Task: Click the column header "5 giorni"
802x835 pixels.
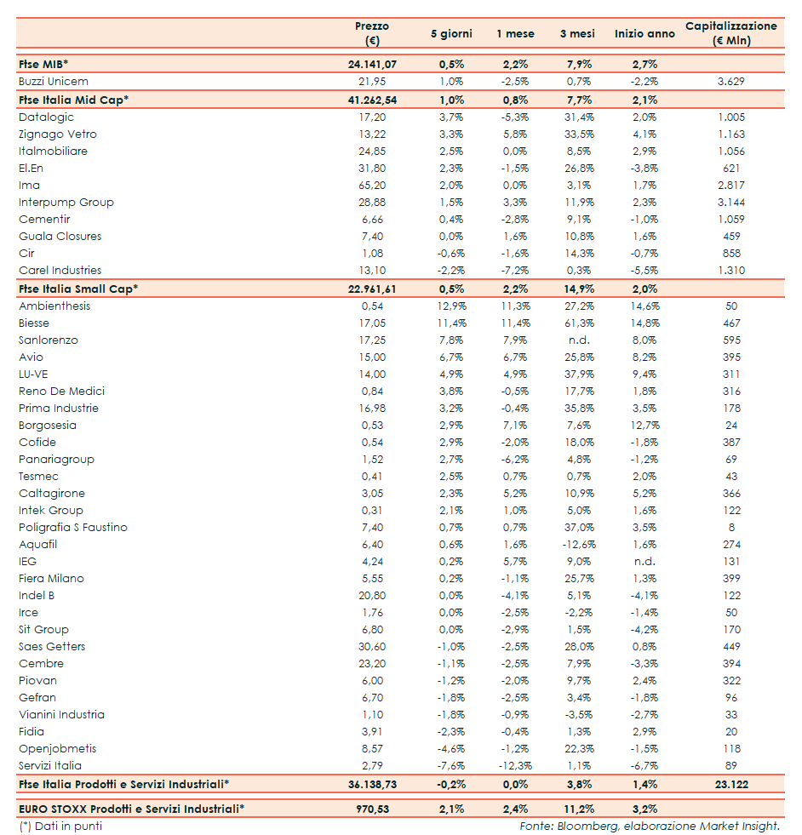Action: [450, 33]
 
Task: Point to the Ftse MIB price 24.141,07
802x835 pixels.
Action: [372, 64]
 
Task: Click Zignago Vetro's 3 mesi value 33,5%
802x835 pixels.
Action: [577, 134]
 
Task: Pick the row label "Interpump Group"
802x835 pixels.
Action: [66, 202]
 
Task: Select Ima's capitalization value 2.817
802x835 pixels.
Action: [730, 185]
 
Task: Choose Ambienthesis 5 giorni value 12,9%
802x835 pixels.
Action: [450, 306]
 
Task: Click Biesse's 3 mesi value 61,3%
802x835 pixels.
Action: [577, 323]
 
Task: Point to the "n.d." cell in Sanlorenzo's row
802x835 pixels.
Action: [579, 340]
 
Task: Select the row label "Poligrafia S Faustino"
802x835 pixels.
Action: [73, 527]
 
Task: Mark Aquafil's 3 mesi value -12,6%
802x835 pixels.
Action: [576, 544]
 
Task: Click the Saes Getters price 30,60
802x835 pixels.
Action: [372, 646]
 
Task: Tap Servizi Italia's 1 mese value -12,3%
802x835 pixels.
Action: [514, 765]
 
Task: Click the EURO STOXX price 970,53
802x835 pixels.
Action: [372, 808]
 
